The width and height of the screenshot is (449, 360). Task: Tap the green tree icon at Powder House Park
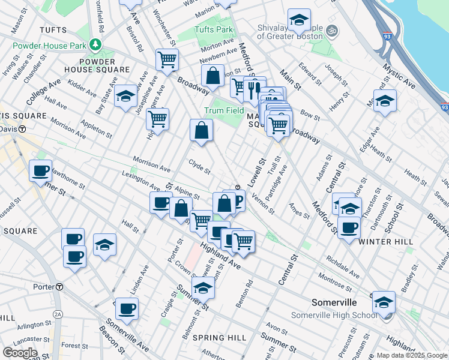tap(95, 44)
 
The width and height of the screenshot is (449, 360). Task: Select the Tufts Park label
tap(213, 29)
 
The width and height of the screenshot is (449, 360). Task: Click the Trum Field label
tap(223, 110)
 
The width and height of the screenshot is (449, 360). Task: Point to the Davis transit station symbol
tap(22, 129)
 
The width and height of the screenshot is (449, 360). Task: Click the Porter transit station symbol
tap(59, 287)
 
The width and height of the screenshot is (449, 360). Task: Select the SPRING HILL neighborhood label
tap(220, 338)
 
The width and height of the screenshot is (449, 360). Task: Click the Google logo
tap(20, 353)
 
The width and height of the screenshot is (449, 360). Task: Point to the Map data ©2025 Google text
tap(411, 355)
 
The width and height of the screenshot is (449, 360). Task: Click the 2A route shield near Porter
tap(58, 314)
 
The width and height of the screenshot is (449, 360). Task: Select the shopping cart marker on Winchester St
tap(166, 59)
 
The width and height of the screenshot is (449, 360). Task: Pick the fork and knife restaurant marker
tap(255, 86)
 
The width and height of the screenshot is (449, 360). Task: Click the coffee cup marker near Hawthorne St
tap(40, 170)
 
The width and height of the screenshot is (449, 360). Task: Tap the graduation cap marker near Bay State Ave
tap(125, 96)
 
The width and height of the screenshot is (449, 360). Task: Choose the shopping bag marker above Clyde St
tap(201, 129)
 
